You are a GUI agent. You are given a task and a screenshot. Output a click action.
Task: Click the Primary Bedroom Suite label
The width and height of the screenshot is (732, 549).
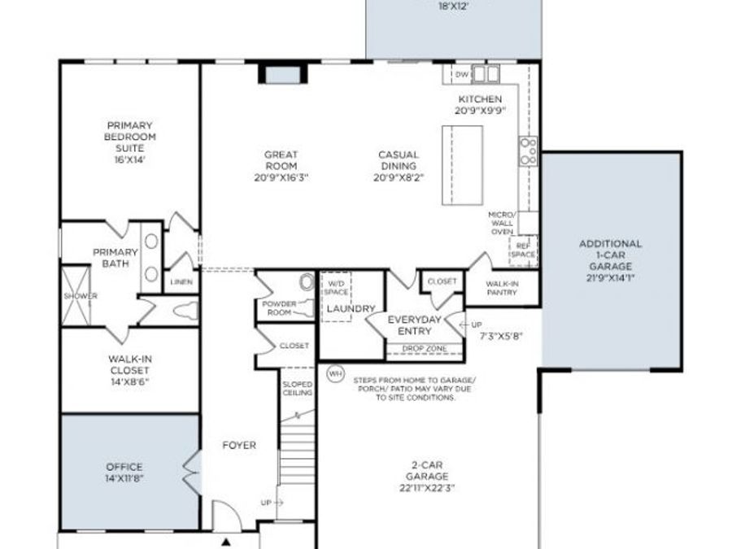129,137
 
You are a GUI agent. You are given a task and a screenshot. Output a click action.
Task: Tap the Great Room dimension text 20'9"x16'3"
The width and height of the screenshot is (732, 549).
281,176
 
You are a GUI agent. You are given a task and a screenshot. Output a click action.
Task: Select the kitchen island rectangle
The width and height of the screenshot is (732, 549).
461,165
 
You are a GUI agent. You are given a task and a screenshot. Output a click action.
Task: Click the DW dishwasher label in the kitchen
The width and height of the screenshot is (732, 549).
461,75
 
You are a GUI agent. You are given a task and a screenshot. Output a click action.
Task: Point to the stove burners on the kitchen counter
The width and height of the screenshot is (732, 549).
528,151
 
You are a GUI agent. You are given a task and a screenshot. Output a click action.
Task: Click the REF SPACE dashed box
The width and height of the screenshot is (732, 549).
523,250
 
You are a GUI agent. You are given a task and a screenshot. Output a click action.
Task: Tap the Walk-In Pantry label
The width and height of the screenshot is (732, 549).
503,288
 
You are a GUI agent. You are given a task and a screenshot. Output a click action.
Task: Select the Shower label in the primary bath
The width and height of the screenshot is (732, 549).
80,296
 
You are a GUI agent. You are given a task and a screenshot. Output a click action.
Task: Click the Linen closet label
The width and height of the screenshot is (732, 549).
181,282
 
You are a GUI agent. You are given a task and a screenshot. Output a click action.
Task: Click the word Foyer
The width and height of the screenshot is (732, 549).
239,445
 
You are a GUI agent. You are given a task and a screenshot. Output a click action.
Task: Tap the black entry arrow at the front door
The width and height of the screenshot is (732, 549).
226,540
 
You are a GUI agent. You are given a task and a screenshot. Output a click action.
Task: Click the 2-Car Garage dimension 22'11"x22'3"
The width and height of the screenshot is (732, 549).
427,487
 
